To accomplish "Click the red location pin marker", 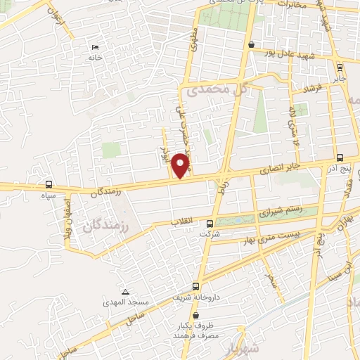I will (x=181, y=165).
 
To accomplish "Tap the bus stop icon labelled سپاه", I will (x=48, y=185).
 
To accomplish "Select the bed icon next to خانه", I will (x=95, y=49).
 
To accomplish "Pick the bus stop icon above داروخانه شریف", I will (x=196, y=286).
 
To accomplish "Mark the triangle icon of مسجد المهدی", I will (x=126, y=292).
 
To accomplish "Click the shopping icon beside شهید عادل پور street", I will (x=251, y=44).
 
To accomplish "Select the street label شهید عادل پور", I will (x=295, y=53).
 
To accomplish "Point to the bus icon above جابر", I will (x=340, y=68).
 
